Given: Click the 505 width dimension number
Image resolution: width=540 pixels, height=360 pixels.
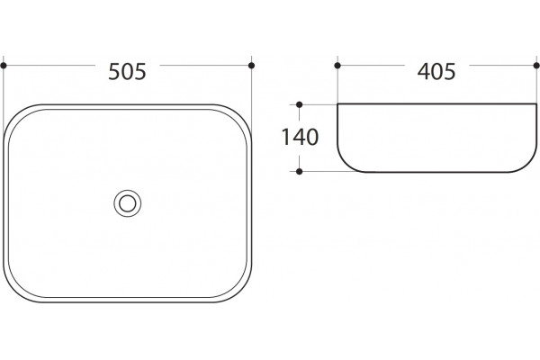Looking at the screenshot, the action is [x=128, y=72].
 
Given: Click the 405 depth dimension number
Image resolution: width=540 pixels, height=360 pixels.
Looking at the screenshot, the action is [x=436, y=72].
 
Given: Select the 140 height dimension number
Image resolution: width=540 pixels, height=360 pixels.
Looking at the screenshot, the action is [x=300, y=137].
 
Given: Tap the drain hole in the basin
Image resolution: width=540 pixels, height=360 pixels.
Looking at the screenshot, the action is [x=128, y=203].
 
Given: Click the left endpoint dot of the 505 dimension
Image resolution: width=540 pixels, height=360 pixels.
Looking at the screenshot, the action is [x=4, y=66].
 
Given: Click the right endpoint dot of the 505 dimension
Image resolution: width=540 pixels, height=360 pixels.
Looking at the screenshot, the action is [x=251, y=66].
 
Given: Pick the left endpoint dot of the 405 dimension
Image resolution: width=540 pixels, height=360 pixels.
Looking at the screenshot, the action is [x=337, y=66].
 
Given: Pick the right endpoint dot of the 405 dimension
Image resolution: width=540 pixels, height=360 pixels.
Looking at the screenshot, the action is [x=536, y=66].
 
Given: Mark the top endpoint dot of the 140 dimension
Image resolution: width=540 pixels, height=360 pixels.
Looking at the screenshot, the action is [x=300, y=104].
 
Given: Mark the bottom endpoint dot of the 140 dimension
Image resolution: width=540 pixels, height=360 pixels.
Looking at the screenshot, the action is [x=300, y=171].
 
